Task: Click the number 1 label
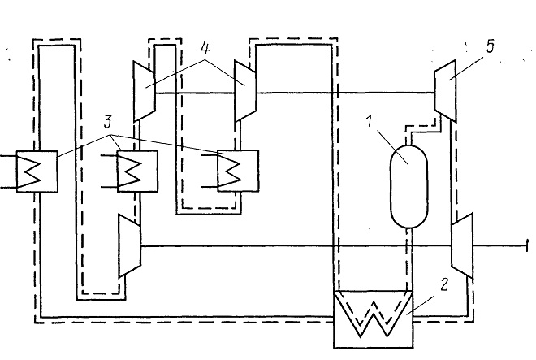(x=369, y=121)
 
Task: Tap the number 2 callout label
(x=443, y=284)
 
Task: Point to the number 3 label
(x=108, y=122)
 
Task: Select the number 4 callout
(x=205, y=48)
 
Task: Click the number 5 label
(x=491, y=46)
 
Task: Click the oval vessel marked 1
(x=408, y=186)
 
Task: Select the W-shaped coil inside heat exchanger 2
(x=374, y=314)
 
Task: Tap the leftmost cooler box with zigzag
(x=37, y=171)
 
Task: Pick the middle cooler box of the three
(x=138, y=171)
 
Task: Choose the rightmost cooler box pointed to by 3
(x=238, y=171)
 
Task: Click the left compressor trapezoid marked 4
(x=145, y=91)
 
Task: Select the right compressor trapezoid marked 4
(x=245, y=90)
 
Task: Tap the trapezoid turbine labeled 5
(x=445, y=91)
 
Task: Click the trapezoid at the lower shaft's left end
(x=129, y=245)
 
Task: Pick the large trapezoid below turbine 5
(x=462, y=245)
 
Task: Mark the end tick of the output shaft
(x=527, y=245)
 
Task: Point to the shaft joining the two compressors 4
(x=195, y=93)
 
